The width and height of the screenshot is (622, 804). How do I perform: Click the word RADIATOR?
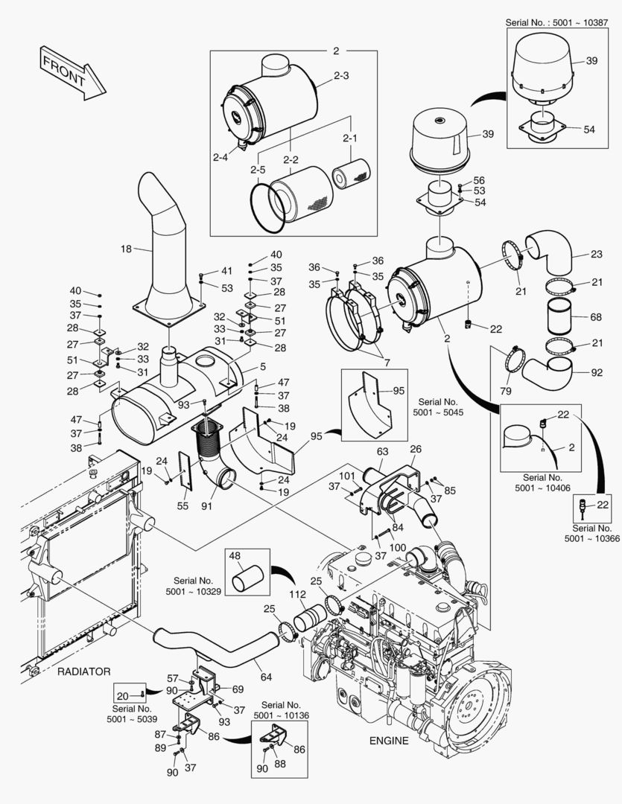83,671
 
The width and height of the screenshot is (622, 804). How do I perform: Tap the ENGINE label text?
389,740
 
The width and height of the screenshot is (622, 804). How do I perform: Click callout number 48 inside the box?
235,556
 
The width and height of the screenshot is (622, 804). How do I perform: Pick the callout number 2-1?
349,138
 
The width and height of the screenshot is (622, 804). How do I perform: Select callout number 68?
595,317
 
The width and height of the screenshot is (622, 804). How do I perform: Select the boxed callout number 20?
123,695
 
